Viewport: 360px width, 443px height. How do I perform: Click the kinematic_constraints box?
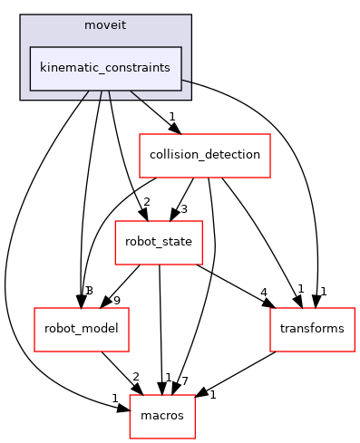pos(105,68)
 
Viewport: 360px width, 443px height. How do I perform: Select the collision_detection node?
pos(204,154)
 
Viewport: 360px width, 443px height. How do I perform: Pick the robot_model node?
pos(81,328)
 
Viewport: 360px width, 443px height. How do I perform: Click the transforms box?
pos(312,328)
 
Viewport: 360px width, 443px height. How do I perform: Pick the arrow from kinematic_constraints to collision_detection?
pos(151,110)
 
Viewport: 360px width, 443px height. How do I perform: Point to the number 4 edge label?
pos(263,293)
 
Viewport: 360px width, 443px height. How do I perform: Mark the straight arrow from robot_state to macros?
pos(161,326)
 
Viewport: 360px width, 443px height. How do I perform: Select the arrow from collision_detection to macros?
pos(216,272)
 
